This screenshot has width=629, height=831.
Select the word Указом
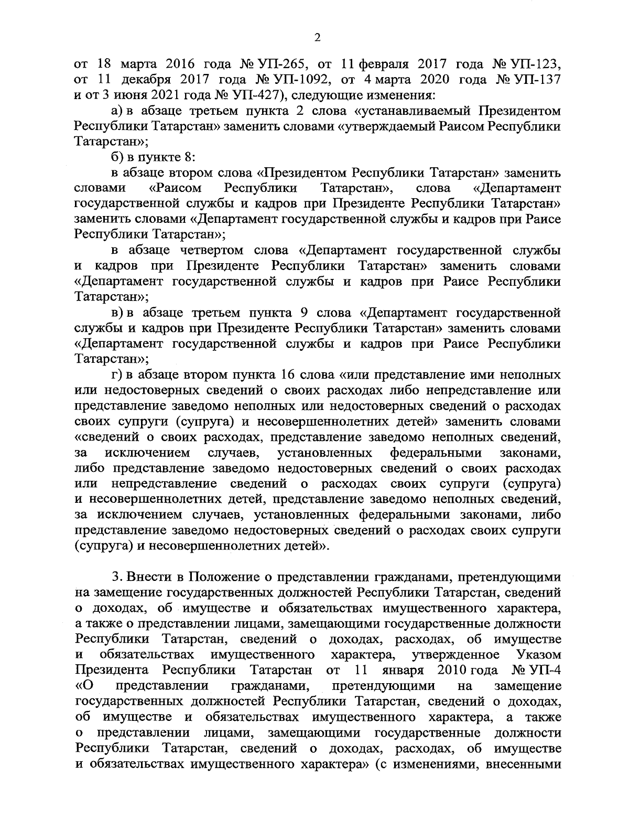(538, 655)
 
